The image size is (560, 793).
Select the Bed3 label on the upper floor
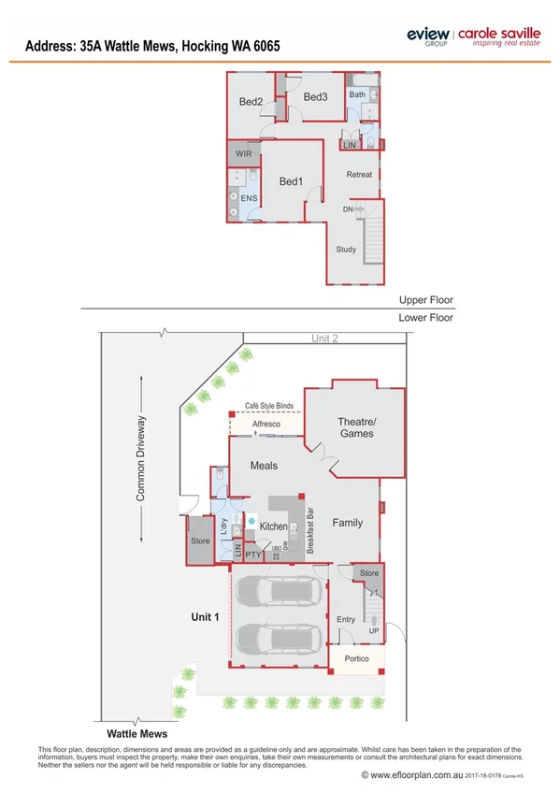[x=315, y=97]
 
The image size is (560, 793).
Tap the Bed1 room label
[x=291, y=180]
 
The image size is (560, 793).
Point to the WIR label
[x=243, y=153]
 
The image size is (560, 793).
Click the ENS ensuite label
[x=249, y=198]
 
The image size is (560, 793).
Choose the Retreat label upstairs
[x=359, y=175]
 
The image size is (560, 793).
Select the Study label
[x=346, y=250]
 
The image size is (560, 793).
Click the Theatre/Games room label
[x=355, y=427]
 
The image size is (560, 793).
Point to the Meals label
[x=264, y=465]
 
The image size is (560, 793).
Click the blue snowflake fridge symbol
[x=251, y=520]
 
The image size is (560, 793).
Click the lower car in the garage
[x=279, y=640]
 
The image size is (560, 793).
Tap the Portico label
[x=356, y=659]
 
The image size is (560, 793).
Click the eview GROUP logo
[x=428, y=36]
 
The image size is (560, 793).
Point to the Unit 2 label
[x=323, y=339]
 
